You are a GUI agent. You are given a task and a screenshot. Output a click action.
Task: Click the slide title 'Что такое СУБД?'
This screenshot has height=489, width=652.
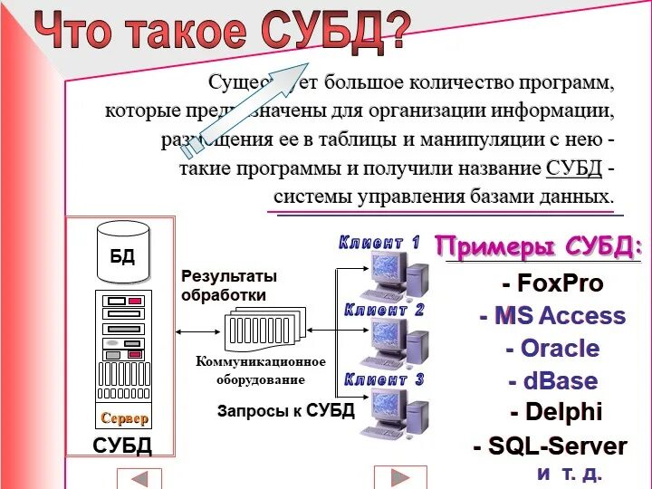click(x=222, y=31)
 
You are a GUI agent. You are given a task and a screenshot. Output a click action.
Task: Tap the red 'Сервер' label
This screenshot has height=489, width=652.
click(x=124, y=418)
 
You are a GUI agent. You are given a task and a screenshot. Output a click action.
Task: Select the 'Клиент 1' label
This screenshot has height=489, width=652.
click(x=379, y=243)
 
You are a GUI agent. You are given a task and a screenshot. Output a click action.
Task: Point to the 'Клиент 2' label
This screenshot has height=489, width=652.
click(x=384, y=311)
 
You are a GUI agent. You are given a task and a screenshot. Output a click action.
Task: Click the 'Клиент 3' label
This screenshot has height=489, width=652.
click(x=384, y=380)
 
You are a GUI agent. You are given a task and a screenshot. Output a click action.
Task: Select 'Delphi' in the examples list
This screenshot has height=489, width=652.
click(x=555, y=413)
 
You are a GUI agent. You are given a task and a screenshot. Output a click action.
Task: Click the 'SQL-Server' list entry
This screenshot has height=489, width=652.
click(x=550, y=446)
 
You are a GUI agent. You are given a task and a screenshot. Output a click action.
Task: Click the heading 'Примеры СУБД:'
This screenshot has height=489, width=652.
click(x=540, y=246)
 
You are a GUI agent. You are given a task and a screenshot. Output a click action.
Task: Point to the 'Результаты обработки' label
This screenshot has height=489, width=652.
click(x=229, y=285)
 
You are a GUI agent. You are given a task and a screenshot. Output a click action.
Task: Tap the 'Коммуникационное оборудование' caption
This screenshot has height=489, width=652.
click(x=261, y=370)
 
